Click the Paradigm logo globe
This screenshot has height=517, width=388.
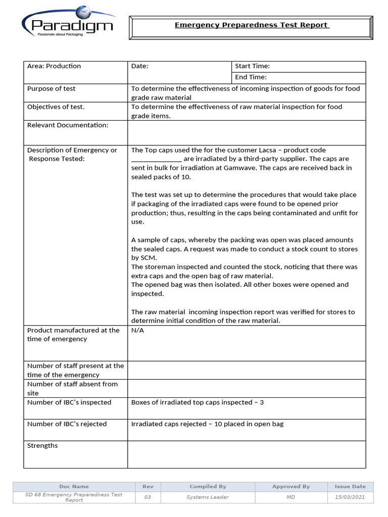coord(82,13)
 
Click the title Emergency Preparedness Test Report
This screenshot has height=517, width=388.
coord(252,25)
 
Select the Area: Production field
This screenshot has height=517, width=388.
coord(54,66)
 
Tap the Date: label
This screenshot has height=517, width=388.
coord(140,66)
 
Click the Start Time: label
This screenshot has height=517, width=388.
coord(253,66)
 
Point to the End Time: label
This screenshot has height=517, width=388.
coord(251,77)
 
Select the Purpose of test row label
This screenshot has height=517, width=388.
coord(52,89)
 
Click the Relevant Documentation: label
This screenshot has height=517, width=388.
coord(68,125)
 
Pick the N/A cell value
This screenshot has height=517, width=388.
coord(137,330)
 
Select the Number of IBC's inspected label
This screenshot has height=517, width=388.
coord(69,402)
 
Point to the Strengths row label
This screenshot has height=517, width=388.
coord(42,446)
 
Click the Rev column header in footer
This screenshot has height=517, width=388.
coord(148,487)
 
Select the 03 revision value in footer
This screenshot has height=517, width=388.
coord(148,497)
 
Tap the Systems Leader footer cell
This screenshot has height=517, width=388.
coord(208,497)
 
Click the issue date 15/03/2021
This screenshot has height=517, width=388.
coord(350,497)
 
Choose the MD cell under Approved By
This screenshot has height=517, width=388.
coord(290,497)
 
